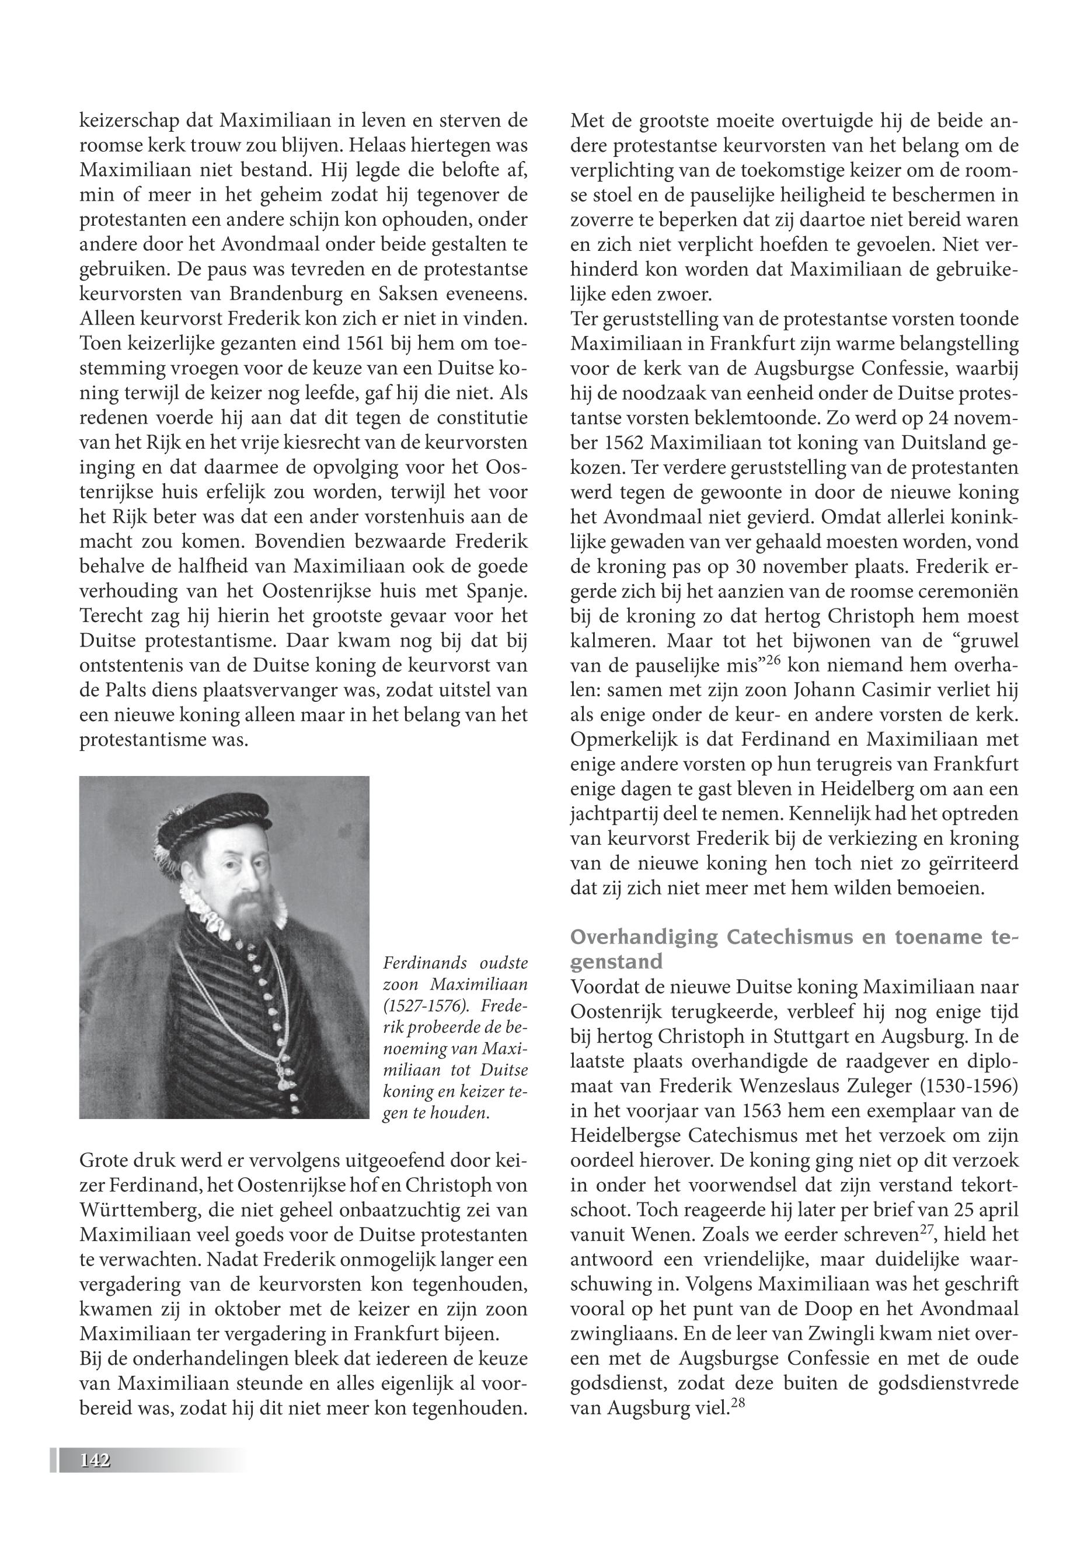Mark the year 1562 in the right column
click(621, 445)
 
